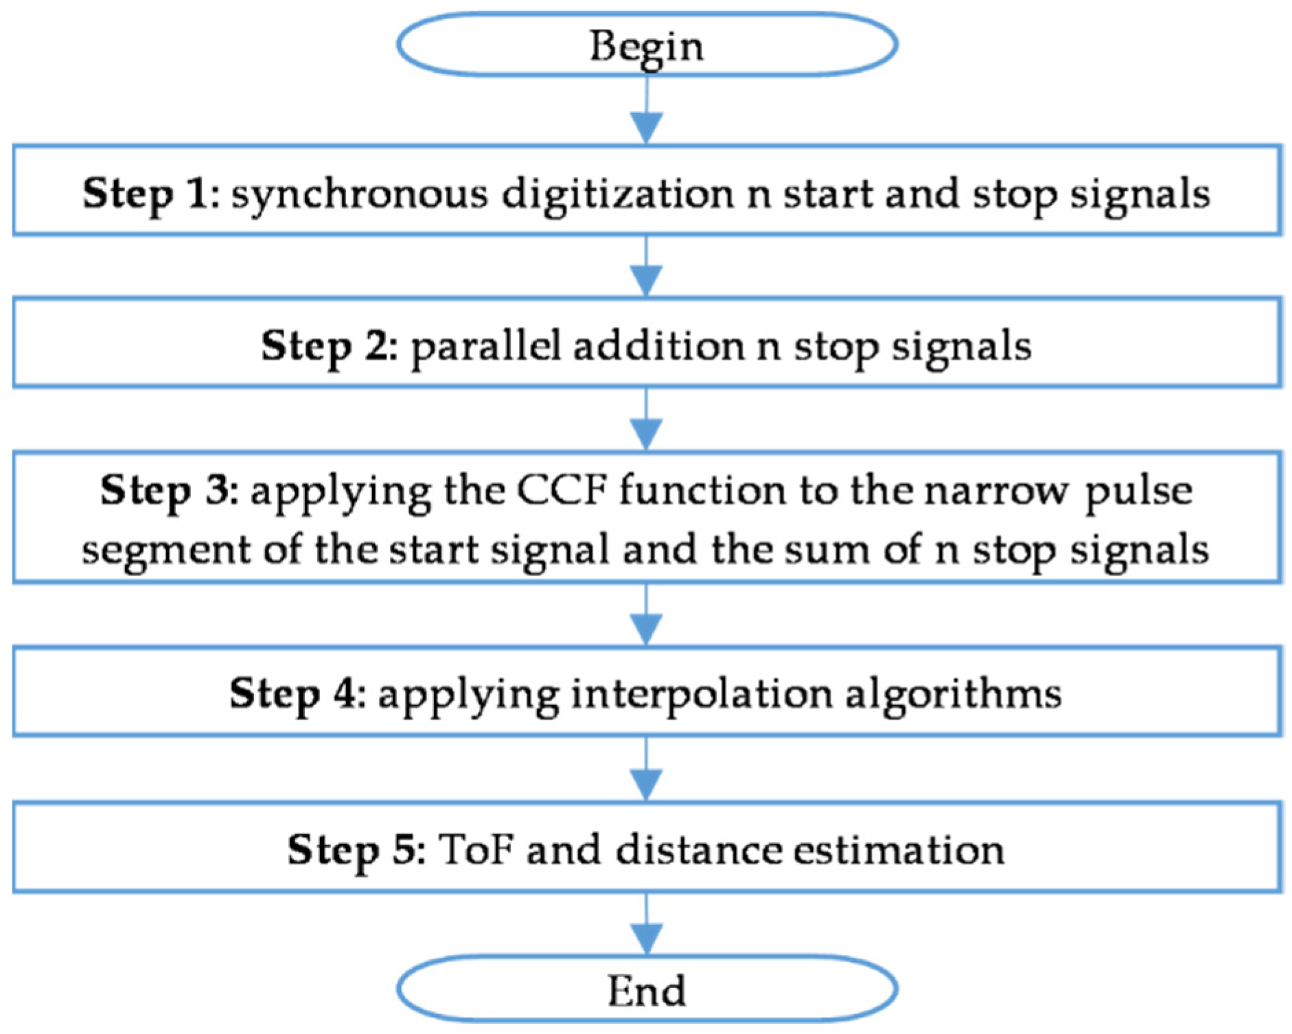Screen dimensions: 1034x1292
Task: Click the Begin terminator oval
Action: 646,45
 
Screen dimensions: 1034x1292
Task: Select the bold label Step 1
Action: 150,193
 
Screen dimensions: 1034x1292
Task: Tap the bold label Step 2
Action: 328,345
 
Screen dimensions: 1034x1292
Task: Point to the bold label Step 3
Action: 168,490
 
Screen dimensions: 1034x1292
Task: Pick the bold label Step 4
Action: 297,693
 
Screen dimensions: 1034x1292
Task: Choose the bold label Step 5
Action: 355,849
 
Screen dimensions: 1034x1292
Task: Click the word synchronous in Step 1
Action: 359,194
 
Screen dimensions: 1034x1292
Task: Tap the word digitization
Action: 617,194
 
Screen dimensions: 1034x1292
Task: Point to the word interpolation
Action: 702,694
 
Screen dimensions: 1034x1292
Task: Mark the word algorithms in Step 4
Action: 952,694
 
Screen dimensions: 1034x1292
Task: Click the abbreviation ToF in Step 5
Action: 475,849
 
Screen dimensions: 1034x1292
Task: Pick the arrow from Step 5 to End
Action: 646,923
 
